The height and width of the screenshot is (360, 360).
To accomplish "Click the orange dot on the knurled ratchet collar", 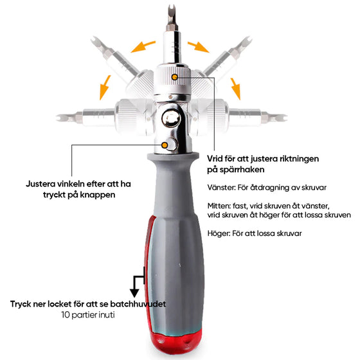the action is (x=175, y=77).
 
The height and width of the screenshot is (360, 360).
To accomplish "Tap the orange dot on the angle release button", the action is (x=165, y=145).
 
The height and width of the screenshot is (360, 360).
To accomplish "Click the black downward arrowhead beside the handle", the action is (x=134, y=293).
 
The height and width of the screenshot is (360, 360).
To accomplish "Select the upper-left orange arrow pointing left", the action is (x=143, y=46).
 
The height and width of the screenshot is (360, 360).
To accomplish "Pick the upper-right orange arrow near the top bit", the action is (x=199, y=47).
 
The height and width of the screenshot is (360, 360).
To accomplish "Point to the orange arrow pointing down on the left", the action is (x=105, y=87).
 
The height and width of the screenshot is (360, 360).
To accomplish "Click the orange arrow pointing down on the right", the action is (x=236, y=89).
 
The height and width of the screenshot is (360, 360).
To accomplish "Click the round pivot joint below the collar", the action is (x=171, y=119).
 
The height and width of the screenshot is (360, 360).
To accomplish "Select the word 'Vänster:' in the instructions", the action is (x=222, y=188).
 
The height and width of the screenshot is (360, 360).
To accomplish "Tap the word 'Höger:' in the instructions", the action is (x=219, y=233).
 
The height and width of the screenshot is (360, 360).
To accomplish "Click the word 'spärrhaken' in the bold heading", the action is (x=242, y=170).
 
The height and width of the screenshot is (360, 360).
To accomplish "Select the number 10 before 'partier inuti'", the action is (x=66, y=315).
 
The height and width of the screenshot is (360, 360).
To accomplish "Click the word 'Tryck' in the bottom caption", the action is (x=21, y=304).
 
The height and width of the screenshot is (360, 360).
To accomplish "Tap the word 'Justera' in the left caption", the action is (x=40, y=184).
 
